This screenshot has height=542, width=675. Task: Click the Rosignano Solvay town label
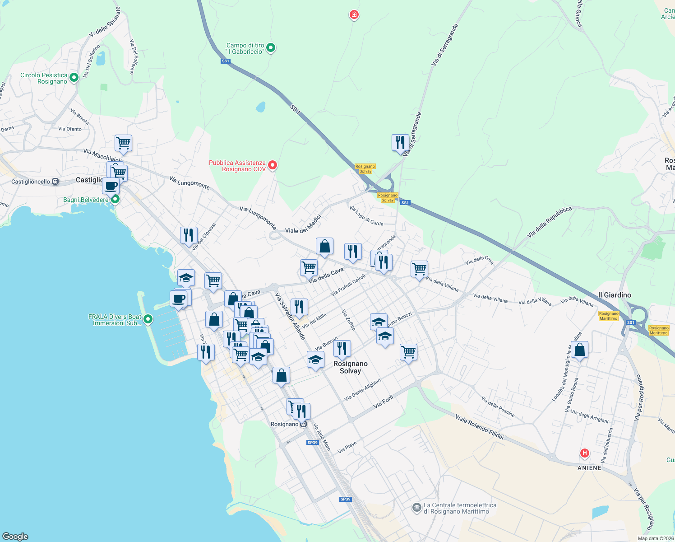click(350, 367)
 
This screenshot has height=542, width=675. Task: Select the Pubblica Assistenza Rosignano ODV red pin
click(273, 165)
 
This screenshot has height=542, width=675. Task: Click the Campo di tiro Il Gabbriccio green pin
click(271, 47)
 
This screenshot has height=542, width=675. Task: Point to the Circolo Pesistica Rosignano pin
click(74, 77)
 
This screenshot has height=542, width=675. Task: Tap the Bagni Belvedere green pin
click(115, 199)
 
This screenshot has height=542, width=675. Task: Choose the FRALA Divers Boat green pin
click(148, 320)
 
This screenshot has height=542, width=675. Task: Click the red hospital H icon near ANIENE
click(585, 453)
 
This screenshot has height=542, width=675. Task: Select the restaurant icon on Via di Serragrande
click(400, 143)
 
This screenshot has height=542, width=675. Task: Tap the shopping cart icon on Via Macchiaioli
click(123, 143)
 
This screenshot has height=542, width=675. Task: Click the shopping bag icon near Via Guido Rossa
click(580, 350)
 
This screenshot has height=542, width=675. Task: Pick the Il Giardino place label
click(615, 295)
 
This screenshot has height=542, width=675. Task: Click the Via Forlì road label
click(384, 402)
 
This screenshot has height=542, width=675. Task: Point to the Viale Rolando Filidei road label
click(479, 427)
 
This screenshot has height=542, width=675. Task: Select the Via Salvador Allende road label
click(290, 316)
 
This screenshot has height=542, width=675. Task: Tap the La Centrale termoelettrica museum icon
click(416, 508)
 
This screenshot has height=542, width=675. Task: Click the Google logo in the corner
click(15, 536)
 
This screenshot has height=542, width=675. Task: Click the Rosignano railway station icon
click(303, 424)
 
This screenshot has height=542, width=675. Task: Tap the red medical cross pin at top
click(354, 15)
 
